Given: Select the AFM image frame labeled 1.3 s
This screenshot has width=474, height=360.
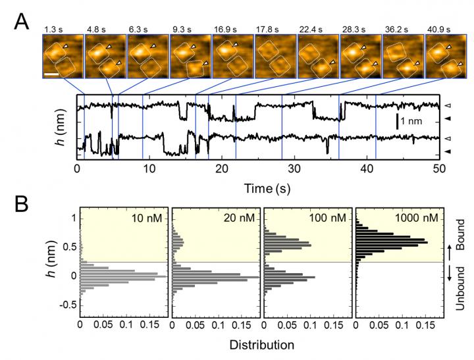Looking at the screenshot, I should coord(63,56).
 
